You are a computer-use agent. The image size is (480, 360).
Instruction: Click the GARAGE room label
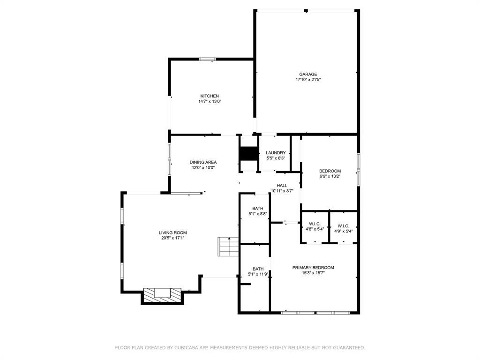coord(308,75)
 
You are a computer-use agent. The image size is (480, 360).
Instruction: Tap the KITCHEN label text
coord(210,96)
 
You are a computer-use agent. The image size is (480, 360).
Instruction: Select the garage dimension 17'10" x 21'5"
coord(308,80)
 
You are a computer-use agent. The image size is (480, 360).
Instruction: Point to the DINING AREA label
coord(203,162)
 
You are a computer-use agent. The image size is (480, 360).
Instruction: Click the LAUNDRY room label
coord(276,153)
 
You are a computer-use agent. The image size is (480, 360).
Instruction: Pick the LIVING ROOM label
coord(172,232)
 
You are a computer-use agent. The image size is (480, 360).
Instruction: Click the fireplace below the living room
coord(162,296)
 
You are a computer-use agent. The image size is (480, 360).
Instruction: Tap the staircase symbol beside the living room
coord(228,247)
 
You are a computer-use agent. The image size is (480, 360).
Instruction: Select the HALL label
coord(282,186)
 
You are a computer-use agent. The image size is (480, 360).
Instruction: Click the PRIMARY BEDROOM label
coord(313,268)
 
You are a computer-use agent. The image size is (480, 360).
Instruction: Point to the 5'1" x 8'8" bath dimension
coord(258,214)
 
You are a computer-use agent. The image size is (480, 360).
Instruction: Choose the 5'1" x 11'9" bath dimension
coord(258,274)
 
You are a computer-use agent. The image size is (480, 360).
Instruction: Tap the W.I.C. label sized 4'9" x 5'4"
coord(344,226)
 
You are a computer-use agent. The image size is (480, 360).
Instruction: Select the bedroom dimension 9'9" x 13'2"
coord(330,176)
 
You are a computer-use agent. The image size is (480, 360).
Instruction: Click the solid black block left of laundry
coord(248,154)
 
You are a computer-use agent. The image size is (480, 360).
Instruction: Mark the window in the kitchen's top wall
coord(207,59)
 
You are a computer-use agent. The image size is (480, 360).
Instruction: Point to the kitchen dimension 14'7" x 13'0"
coord(210,101)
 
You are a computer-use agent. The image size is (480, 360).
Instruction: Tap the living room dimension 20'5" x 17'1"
coord(172,238)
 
